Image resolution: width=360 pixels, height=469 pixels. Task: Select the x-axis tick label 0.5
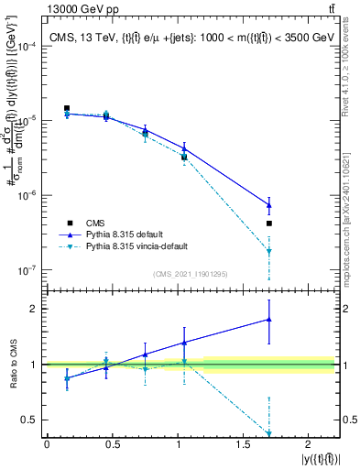click(x=112, y=444)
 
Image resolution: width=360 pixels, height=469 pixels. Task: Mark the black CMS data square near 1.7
click(x=269, y=224)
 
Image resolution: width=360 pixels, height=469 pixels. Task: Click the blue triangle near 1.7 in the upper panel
click(x=269, y=204)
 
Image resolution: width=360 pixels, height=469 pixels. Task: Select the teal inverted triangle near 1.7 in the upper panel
click(x=269, y=251)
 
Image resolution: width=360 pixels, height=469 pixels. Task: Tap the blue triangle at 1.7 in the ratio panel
click(x=269, y=320)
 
